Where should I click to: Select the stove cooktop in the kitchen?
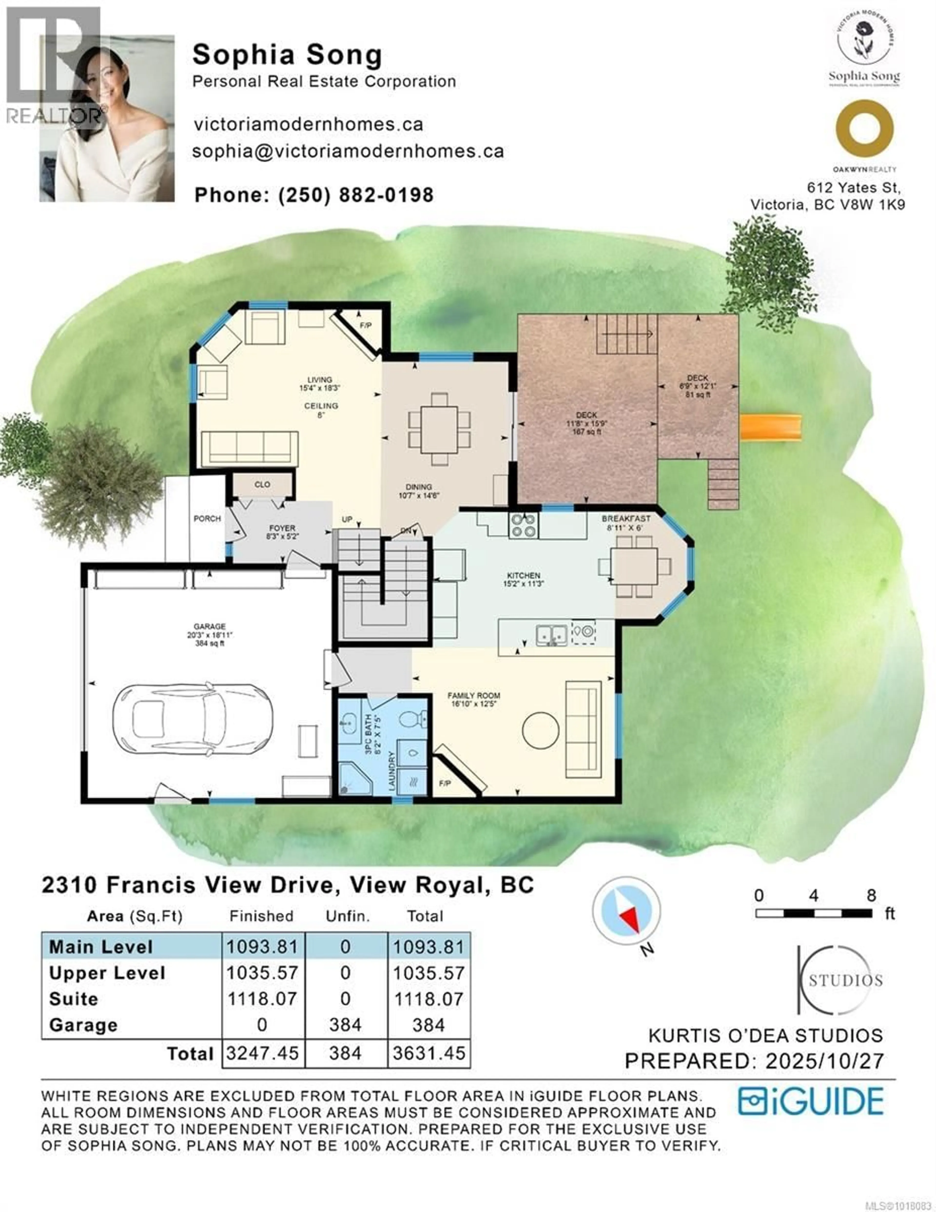[x=523, y=525]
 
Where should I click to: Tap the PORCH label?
[x=207, y=518]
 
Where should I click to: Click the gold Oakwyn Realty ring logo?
[x=864, y=129]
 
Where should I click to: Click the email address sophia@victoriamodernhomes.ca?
[x=348, y=151]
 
